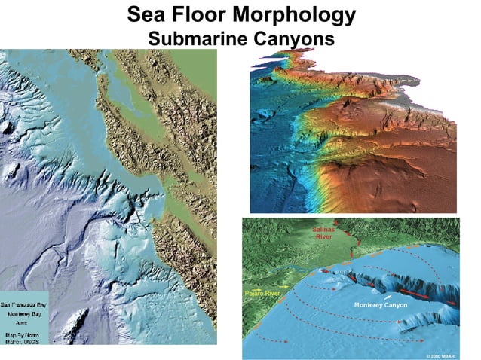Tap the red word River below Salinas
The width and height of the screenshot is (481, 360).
pyautogui.click(x=324, y=236)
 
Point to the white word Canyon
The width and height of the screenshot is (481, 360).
pyautogui.click(x=396, y=305)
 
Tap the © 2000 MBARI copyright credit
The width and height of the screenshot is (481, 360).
pyautogui.click(x=441, y=353)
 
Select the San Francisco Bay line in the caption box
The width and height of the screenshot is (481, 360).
pyautogui.click(x=26, y=299)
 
